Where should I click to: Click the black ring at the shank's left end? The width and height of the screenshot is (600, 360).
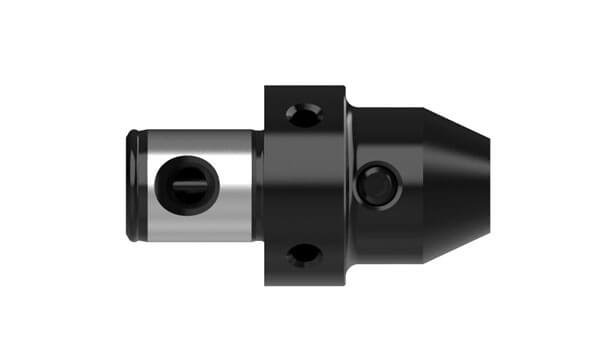(x=133, y=186)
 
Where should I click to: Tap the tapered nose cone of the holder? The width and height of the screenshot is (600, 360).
(x=455, y=184)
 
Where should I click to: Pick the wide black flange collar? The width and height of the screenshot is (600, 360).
(x=305, y=185)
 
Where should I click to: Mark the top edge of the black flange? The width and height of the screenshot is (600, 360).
(x=305, y=87)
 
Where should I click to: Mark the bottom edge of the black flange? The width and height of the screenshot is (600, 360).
(x=305, y=284)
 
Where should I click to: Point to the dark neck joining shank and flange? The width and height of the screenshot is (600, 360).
(x=258, y=186)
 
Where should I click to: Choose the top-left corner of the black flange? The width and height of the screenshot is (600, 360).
(x=267, y=88)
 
